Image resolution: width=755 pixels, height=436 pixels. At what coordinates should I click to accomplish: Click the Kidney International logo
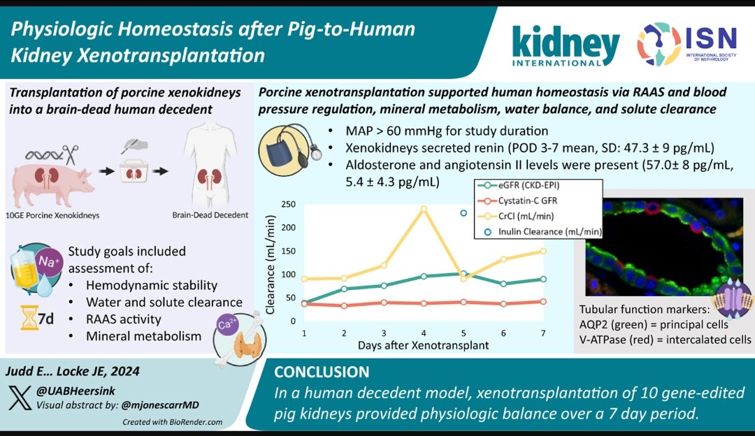tap(566, 46)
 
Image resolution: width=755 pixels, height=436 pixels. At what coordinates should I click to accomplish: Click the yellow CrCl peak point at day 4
tap(423, 208)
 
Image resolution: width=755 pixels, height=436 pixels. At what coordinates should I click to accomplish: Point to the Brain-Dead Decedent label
tap(210, 215)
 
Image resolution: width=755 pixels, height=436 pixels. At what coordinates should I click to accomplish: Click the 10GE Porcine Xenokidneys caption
tap(55, 215)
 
